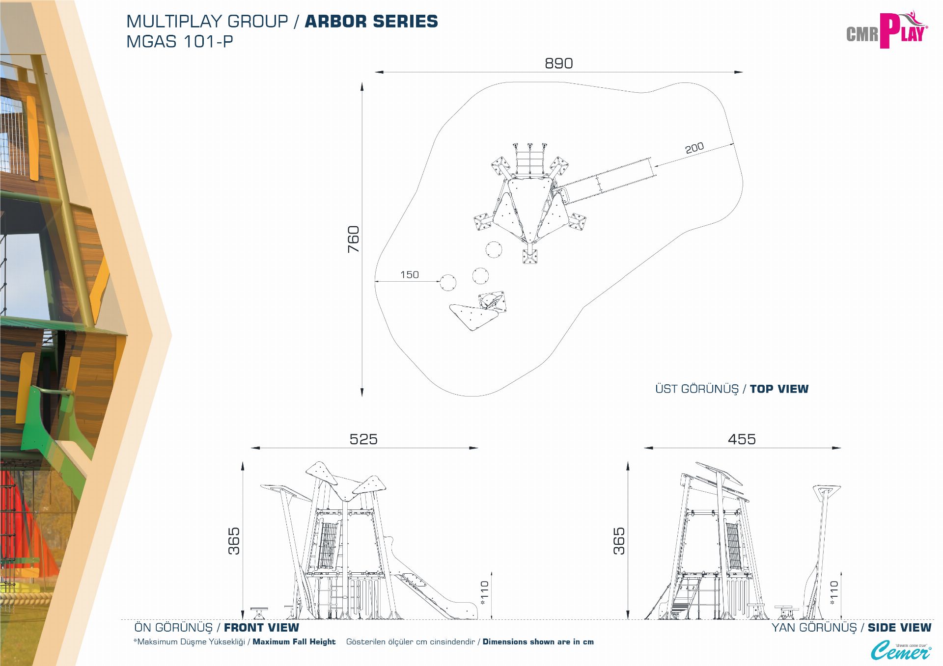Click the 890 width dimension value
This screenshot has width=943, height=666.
pos(559,63)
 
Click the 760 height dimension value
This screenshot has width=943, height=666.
pos(354,240)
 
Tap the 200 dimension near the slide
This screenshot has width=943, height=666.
pos(694,148)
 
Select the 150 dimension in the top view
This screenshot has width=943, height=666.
pos(410,275)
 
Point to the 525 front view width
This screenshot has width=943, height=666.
pos(363,439)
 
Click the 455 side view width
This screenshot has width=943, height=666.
pos(742,439)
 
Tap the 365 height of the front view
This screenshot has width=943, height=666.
pos(234,541)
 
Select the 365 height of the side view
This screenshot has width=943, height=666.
pos(619,541)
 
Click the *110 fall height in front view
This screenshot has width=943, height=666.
pos(485,593)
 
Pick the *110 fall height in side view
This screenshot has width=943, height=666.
pos(834,593)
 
